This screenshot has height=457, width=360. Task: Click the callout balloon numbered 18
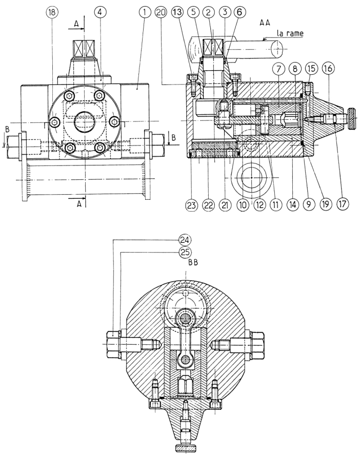click(x=52, y=12)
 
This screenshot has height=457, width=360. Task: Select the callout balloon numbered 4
click(x=100, y=12)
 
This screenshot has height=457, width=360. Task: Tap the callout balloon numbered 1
click(x=145, y=12)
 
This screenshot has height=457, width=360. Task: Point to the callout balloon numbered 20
click(x=161, y=12)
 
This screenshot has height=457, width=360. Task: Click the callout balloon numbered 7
click(x=279, y=69)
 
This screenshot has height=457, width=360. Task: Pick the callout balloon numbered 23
click(x=191, y=204)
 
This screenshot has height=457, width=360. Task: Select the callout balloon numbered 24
click(x=185, y=240)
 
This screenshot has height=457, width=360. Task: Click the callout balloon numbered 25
click(x=185, y=252)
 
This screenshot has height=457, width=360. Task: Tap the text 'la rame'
click(x=290, y=33)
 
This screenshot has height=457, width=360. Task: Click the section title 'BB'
click(x=193, y=262)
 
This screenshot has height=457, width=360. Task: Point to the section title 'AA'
click(x=265, y=23)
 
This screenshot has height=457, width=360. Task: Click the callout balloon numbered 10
click(x=243, y=204)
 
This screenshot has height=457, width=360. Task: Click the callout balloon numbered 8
click(x=295, y=69)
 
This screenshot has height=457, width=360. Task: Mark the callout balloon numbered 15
click(x=311, y=69)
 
